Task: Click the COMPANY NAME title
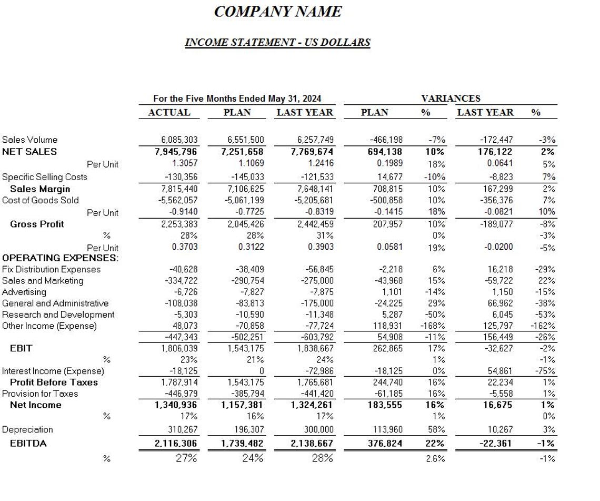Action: coord(278,12)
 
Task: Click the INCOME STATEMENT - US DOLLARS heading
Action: coord(277,43)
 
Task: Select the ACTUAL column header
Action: coord(169,112)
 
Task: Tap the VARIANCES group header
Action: coord(451,99)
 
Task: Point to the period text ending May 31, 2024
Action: coord(237,99)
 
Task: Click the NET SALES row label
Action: coord(29,152)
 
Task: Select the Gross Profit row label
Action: coord(37,224)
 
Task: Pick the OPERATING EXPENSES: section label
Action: coord(61,258)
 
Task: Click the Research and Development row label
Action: coord(58,315)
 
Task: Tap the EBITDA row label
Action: coord(28,444)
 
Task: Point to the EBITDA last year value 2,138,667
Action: coord(313,444)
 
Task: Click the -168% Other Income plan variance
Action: coord(434,326)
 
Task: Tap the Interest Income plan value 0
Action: coord(261,371)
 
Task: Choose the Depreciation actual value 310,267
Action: coord(179,430)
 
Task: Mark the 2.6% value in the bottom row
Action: coord(435,458)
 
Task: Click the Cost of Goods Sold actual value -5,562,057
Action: coord(178,201)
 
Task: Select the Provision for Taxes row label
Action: coord(40,394)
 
